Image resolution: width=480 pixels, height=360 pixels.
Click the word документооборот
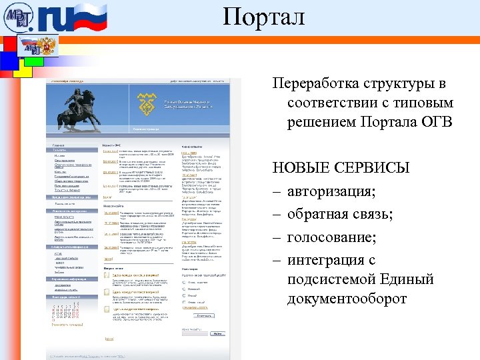(x=347, y=298)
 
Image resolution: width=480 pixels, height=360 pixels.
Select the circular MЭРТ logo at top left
(x=18, y=18)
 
